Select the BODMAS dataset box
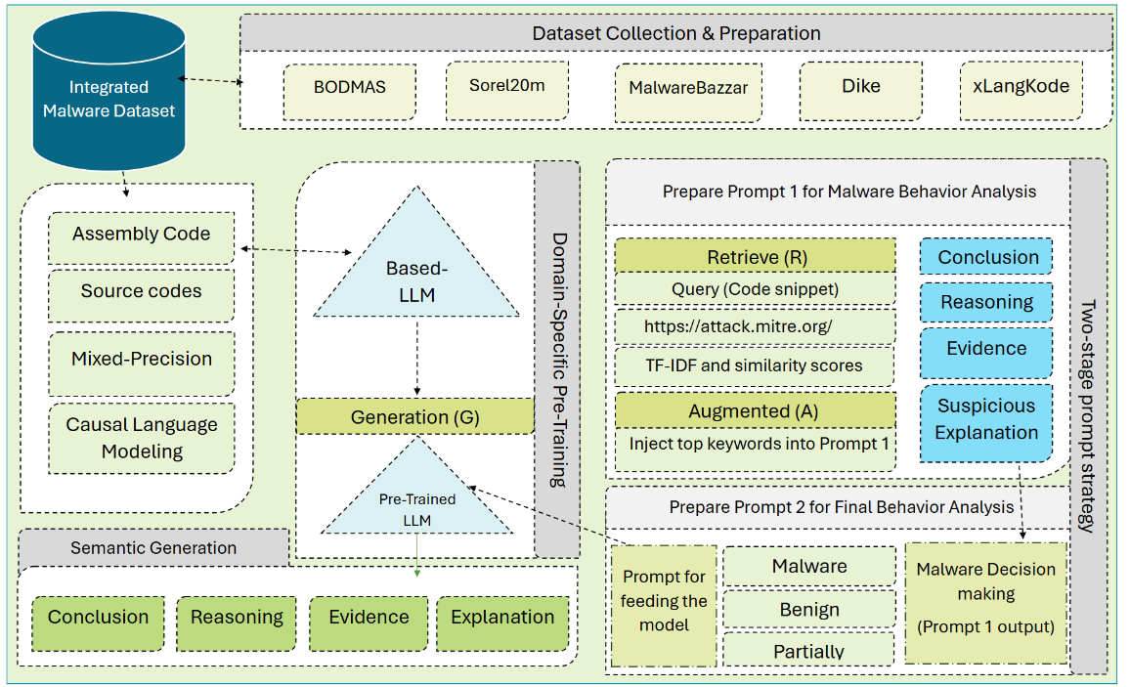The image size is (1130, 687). [350, 87]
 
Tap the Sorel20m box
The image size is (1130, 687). [506, 85]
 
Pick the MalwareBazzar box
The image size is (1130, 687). [688, 87]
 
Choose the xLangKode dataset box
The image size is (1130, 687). [1021, 86]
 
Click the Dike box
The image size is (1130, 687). [860, 86]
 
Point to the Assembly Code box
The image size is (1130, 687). [141, 236]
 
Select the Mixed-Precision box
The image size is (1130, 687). [141, 360]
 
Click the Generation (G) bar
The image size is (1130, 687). [415, 417]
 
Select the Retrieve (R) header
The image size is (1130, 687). [755, 257]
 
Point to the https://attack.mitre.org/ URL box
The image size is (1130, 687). [755, 325]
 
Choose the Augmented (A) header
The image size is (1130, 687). [755, 411]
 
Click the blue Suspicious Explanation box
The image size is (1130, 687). [986, 420]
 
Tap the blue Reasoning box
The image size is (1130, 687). [986, 303]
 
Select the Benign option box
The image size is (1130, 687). [809, 610]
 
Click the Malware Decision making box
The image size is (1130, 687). [985, 598]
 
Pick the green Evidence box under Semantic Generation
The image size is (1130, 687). [369, 618]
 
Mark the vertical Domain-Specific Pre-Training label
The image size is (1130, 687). [558, 360]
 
